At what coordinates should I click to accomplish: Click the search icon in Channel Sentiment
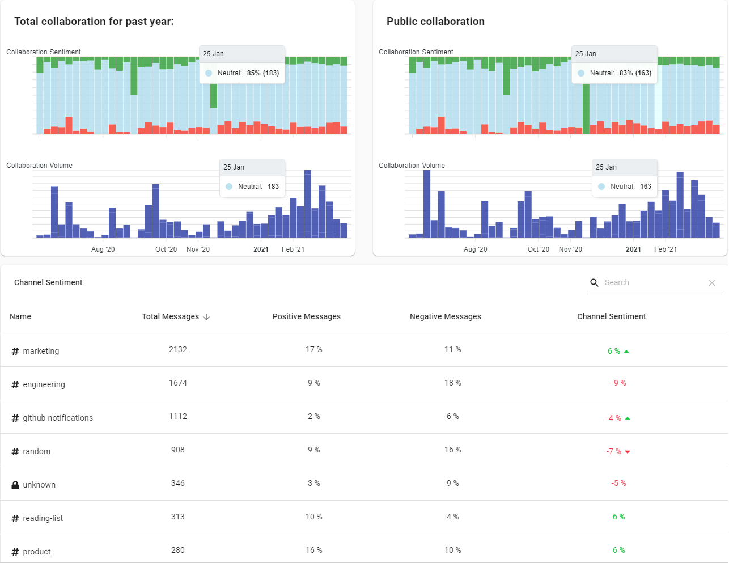pyautogui.click(x=594, y=282)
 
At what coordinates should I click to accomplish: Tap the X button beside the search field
pyautogui.click(x=712, y=283)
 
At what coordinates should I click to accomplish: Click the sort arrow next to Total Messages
pyautogui.click(x=206, y=317)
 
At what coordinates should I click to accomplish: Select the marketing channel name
pyautogui.click(x=41, y=351)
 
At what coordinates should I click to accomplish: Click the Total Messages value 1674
pyautogui.click(x=178, y=383)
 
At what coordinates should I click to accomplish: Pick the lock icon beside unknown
pyautogui.click(x=15, y=485)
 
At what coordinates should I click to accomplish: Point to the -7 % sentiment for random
pyautogui.click(x=614, y=451)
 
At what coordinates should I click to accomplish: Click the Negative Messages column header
pyautogui.click(x=445, y=316)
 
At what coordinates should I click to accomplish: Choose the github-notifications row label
pyautogui.click(x=58, y=418)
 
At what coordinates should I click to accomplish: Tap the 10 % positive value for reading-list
pyautogui.click(x=313, y=517)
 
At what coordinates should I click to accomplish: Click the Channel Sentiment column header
pyautogui.click(x=611, y=316)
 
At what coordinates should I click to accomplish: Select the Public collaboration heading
pyautogui.click(x=435, y=22)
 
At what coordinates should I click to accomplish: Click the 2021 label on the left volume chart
pyautogui.click(x=261, y=249)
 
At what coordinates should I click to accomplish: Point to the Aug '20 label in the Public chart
pyautogui.click(x=475, y=249)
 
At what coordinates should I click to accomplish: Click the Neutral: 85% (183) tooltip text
pyautogui.click(x=248, y=73)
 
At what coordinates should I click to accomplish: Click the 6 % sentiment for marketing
pyautogui.click(x=614, y=351)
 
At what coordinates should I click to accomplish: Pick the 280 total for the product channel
pyautogui.click(x=178, y=550)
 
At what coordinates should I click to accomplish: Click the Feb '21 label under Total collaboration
pyautogui.click(x=293, y=249)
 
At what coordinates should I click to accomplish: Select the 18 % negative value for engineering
pyautogui.click(x=452, y=383)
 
